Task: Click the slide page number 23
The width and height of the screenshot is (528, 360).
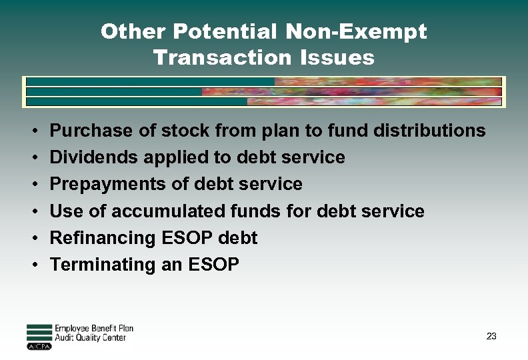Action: pos(491,336)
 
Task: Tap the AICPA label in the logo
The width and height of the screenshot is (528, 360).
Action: pos(39,347)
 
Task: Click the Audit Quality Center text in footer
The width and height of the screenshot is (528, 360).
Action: pos(90,338)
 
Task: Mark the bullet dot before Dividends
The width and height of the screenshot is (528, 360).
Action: pos(33,158)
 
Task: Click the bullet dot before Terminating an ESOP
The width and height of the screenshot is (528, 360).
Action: pos(33,265)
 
